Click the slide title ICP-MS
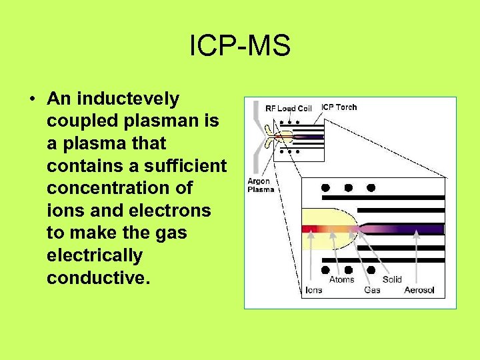240,46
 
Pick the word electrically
95,255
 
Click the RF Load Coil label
288,108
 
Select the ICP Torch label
339,107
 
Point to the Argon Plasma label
261,185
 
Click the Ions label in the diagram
313,290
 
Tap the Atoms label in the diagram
341,279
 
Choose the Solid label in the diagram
392,279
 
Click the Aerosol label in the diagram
419,290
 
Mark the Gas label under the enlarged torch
373,290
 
